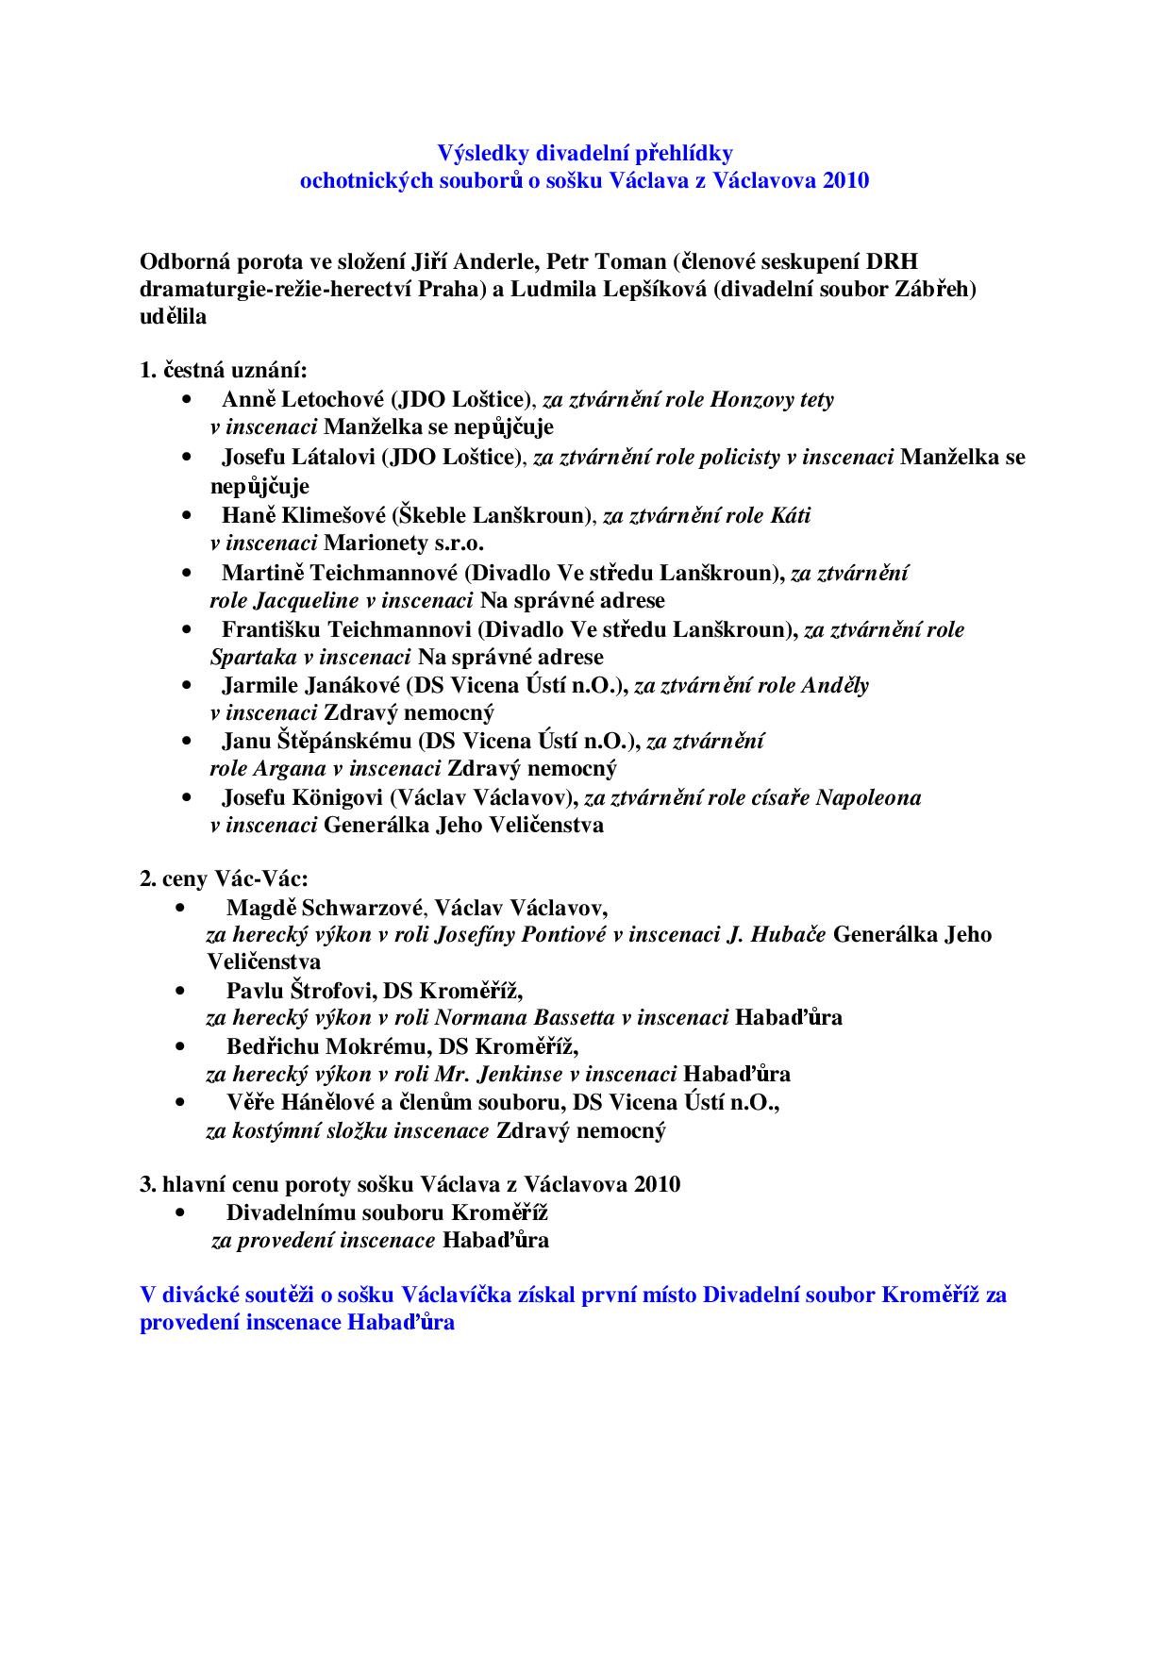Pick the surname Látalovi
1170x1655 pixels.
pyautogui.click(x=324, y=458)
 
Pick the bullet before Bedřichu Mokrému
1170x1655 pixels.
pyautogui.click(x=180, y=1047)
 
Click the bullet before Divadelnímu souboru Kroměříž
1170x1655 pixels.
pyautogui.click(x=180, y=1212)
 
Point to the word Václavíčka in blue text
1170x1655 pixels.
pyautogui.click(x=458, y=1295)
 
